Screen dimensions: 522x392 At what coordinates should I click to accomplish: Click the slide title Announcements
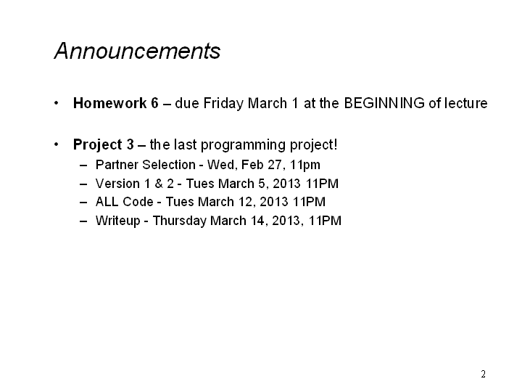point(137,51)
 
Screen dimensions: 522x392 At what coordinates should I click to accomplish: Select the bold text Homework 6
point(115,103)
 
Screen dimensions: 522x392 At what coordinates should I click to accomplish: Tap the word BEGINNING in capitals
point(384,103)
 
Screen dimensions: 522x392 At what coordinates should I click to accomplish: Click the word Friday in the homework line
point(223,104)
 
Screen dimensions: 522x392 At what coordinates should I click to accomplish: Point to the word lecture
point(466,103)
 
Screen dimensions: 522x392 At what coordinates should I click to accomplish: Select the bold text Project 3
point(103,145)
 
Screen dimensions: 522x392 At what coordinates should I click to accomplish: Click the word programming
point(244,145)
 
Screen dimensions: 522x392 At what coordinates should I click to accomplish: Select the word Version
point(117,184)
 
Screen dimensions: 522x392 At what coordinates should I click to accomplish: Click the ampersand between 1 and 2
point(159,184)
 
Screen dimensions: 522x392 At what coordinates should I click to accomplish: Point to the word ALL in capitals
point(107,202)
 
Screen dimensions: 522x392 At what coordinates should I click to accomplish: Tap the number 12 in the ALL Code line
point(245,202)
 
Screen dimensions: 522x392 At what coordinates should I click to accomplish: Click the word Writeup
point(118,221)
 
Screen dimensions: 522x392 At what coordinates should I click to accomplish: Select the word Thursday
point(180,221)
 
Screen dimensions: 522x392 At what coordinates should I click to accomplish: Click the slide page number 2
point(483,374)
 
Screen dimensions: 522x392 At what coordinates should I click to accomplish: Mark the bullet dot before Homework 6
point(57,103)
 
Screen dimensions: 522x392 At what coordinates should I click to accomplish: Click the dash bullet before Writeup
point(83,221)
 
